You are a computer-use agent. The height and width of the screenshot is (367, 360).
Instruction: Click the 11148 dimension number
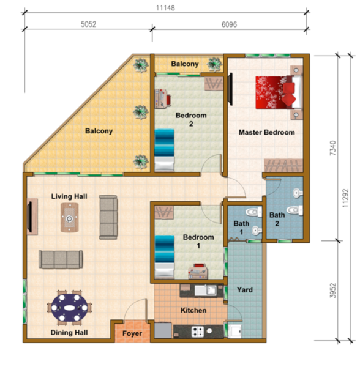click(165, 8)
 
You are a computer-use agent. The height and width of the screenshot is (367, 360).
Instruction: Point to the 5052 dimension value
click(88, 24)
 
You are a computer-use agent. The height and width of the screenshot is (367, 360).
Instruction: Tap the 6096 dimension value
click(229, 24)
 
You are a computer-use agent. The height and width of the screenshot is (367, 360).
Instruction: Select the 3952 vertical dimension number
click(333, 291)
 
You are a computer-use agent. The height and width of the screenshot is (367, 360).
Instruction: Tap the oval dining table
click(69, 308)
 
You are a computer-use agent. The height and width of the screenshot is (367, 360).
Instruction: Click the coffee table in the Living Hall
click(70, 218)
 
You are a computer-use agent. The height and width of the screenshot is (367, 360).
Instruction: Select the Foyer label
click(132, 333)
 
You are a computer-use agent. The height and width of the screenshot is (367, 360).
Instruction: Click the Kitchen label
click(193, 310)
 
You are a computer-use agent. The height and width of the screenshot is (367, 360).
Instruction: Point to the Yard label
click(245, 290)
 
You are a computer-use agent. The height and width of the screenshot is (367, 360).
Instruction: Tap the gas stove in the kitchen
click(198, 332)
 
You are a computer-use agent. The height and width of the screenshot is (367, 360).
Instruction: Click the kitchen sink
click(206, 291)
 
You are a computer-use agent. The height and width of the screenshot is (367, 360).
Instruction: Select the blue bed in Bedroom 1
click(165, 256)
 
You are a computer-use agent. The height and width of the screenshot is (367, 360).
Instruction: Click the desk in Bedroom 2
click(162, 98)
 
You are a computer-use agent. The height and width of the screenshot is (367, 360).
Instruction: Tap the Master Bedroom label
click(267, 132)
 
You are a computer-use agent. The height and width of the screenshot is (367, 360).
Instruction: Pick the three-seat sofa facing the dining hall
click(61, 259)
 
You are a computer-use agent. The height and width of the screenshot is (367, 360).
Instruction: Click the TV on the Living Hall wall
click(29, 217)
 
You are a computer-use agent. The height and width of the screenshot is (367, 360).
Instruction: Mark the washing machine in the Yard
click(234, 331)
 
